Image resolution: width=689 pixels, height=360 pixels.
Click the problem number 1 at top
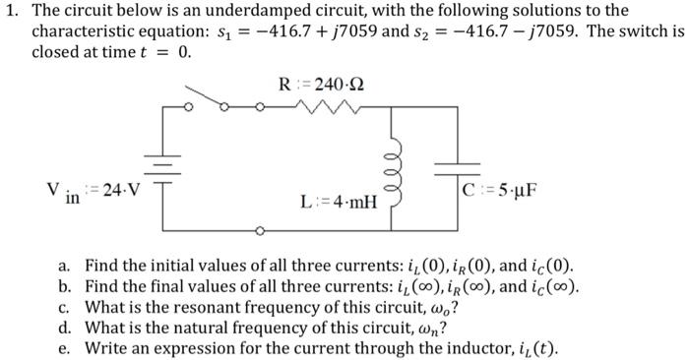9,11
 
